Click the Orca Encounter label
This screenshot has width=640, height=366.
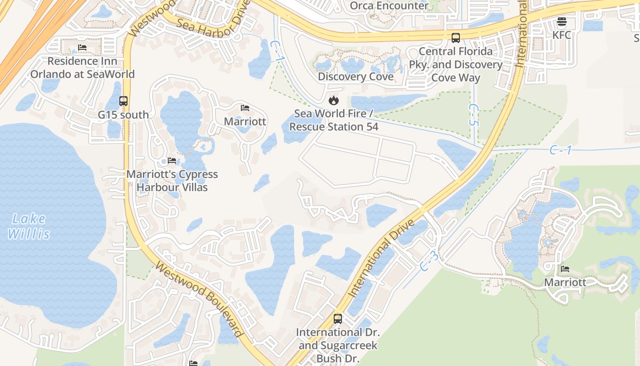389,6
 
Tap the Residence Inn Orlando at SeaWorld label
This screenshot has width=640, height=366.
82,68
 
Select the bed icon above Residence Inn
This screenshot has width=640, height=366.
82,47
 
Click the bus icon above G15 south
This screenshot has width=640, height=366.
123,101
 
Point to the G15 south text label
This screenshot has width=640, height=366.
123,115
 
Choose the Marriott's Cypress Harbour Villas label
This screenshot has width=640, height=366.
172,181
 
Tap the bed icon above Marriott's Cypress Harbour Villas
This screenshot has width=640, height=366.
172,161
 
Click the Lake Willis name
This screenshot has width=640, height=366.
28,226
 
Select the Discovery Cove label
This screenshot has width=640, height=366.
356,76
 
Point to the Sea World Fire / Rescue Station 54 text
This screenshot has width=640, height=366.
334,120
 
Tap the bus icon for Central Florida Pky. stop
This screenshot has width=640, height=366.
455,38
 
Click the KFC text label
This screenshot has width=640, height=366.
562,35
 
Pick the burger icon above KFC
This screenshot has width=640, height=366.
562,22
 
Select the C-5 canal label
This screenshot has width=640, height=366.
474,115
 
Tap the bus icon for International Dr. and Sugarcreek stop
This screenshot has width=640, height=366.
338,319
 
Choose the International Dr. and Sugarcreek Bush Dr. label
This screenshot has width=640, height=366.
338,345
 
